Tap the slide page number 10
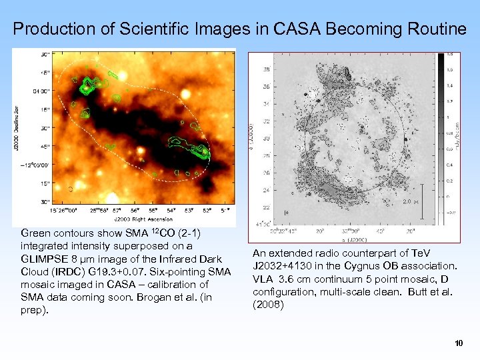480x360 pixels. [458, 343]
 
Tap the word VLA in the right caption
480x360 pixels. [263, 279]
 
